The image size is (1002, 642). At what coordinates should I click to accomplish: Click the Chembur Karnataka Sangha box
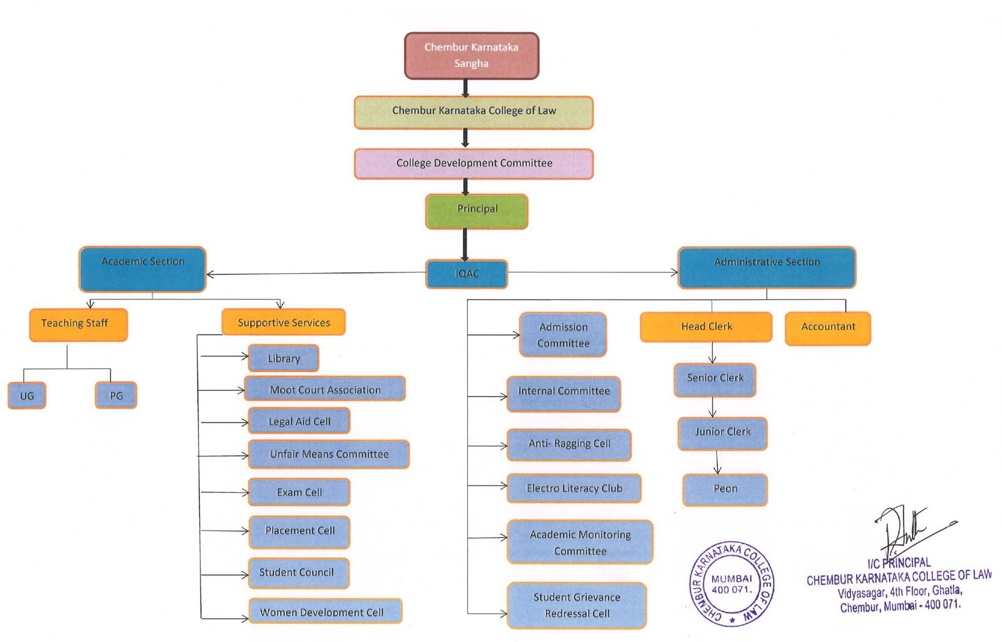coord(471,56)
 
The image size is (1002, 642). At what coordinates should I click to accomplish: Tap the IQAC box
coord(467,274)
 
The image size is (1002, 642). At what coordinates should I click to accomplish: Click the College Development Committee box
coord(473,163)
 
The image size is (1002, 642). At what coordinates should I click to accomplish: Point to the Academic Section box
coord(143,269)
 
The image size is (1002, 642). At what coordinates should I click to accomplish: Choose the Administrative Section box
coord(767,267)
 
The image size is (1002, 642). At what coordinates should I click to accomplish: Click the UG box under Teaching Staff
coord(27,395)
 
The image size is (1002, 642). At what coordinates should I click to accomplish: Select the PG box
coord(116,395)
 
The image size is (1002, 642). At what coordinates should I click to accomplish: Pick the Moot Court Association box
coord(324,389)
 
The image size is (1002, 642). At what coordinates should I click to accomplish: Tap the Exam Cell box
coord(299,492)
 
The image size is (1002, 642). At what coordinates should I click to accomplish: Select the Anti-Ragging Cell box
coord(569,444)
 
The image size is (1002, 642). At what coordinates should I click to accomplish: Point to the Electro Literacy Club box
coord(574,489)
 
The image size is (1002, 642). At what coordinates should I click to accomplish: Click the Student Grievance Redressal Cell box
coord(576,605)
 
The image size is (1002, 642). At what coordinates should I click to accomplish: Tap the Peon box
coord(725,489)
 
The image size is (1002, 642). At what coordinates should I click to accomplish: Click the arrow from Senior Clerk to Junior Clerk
coord(713,407)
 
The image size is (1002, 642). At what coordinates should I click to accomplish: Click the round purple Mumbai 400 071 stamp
coord(731,584)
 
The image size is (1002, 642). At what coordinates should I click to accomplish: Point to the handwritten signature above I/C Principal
coord(908,529)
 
